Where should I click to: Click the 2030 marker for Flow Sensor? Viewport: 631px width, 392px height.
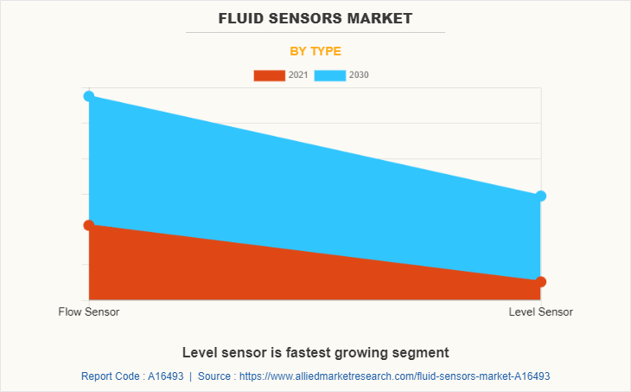pos(89,96)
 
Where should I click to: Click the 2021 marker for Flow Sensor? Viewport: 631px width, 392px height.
pos(89,225)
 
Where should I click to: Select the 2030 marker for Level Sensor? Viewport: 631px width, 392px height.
pos(540,196)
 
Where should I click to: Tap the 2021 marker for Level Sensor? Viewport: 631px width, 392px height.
pos(540,281)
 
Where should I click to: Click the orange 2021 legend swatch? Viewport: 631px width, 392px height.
pos(269,75)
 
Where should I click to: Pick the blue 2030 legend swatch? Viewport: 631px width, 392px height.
pos(330,75)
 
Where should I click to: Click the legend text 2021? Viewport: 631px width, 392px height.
pos(298,75)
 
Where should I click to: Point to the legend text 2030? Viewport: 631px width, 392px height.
pos(359,75)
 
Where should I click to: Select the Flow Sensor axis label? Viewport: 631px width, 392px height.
pos(89,312)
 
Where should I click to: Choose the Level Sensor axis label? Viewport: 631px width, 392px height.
pos(540,312)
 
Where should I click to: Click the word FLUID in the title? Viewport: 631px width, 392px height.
pos(243,17)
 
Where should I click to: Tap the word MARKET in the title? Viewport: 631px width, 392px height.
pos(381,17)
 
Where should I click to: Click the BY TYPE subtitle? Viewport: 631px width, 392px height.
pos(315,51)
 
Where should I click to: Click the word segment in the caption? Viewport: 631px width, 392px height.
pos(422,352)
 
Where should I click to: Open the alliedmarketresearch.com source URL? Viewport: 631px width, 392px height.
pos(394,376)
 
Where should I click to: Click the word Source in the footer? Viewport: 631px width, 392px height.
pos(214,376)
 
